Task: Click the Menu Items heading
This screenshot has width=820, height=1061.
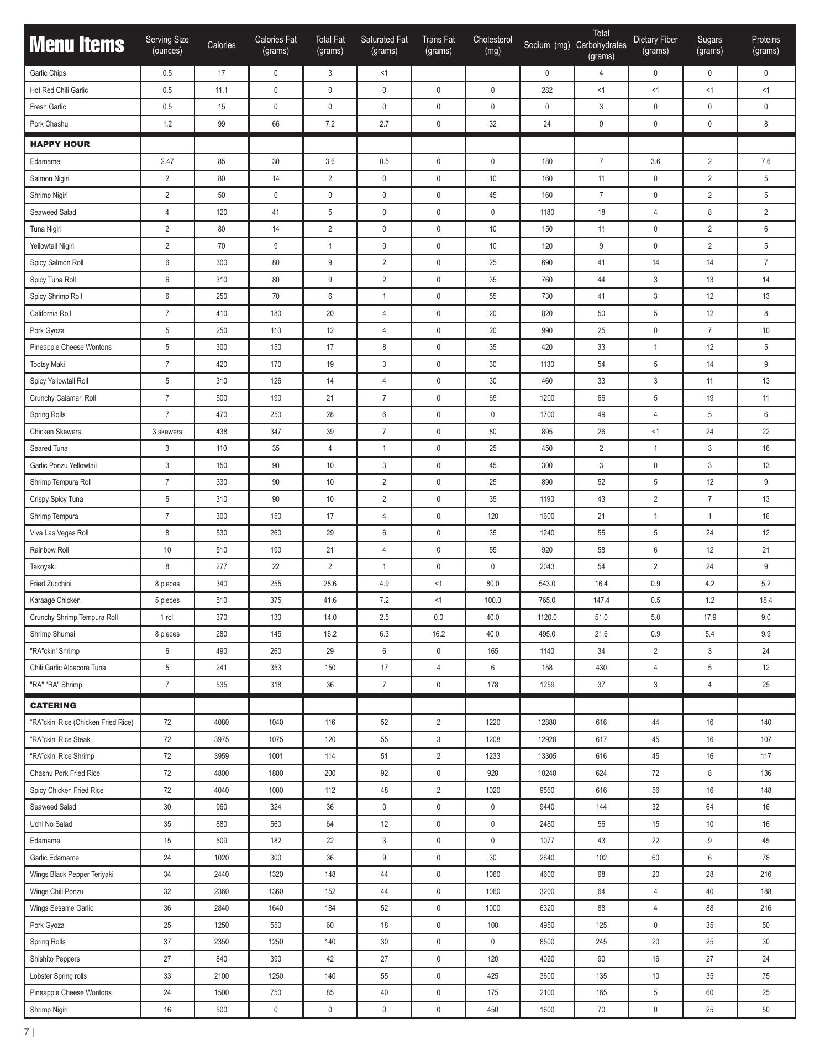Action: point(77,45)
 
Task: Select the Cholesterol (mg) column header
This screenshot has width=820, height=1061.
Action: point(492,45)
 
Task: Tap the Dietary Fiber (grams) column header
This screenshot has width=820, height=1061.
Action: point(655,45)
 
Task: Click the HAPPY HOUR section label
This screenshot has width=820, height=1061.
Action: point(60,144)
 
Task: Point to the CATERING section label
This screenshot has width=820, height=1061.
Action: point(53,706)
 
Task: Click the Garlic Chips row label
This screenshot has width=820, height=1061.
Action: point(48,73)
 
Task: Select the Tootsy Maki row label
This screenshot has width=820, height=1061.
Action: point(48,364)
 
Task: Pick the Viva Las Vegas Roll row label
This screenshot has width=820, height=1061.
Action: point(59,533)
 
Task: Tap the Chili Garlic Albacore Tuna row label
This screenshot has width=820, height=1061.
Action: point(68,668)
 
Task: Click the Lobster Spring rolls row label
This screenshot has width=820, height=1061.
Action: point(59,976)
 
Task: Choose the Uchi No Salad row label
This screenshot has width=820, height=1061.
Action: point(51,824)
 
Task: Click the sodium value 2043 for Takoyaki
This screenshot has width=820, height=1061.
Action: point(546,566)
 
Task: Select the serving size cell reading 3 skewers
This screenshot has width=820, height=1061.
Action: point(167,432)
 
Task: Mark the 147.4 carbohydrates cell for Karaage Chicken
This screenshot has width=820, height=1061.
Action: point(601,600)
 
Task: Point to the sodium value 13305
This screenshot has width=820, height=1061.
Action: point(546,756)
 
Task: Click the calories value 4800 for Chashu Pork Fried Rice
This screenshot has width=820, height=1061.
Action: point(221,773)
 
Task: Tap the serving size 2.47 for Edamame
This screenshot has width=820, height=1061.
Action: point(167,162)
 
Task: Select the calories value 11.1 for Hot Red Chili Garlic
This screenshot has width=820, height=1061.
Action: point(221,90)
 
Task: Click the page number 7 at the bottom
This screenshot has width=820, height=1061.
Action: point(27,1032)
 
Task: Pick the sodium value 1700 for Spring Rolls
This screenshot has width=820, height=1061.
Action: point(546,414)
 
